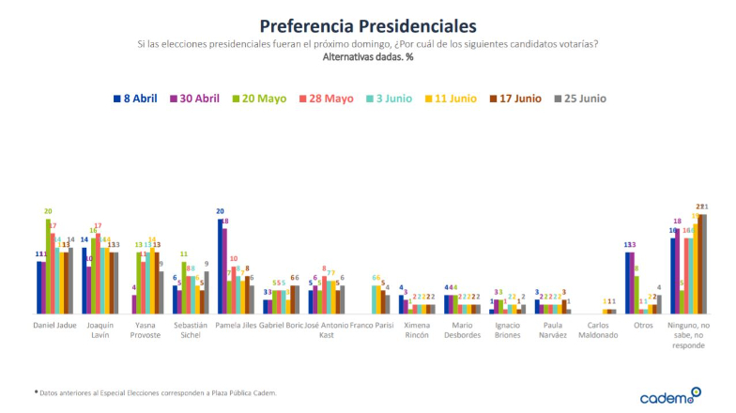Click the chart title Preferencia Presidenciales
(367, 25)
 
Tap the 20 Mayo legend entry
(262, 99)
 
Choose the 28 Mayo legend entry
(325, 99)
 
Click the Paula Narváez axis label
(553, 329)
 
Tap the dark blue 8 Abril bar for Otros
(627, 282)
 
